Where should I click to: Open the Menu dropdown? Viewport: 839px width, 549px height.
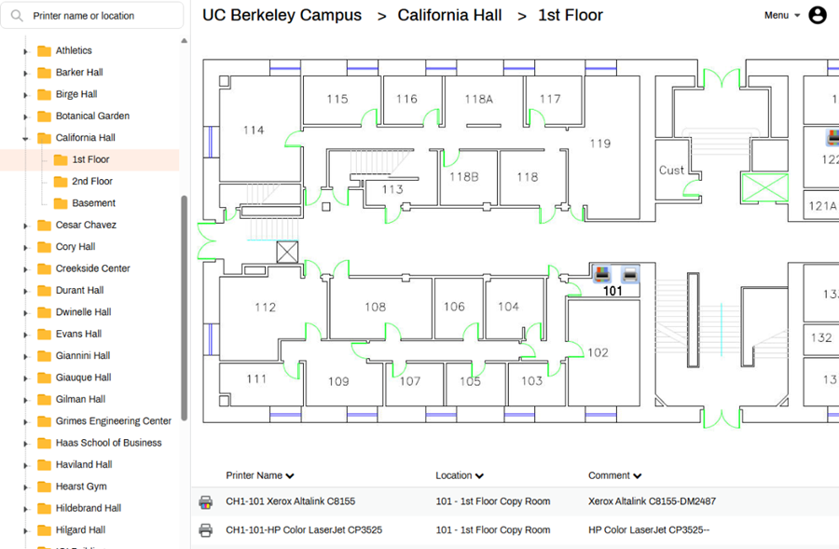pyautogui.click(x=781, y=16)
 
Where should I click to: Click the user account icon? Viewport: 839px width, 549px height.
pyautogui.click(x=818, y=15)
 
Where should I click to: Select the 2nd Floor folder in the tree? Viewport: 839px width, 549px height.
pyautogui.click(x=91, y=182)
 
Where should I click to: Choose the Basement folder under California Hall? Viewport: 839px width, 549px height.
pyautogui.click(x=93, y=203)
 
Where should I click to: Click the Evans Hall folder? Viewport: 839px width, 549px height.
pyautogui.click(x=78, y=334)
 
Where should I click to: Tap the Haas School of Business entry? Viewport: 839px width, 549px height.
pyautogui.click(x=108, y=443)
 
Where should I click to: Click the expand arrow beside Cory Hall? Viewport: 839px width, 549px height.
pyautogui.click(x=26, y=247)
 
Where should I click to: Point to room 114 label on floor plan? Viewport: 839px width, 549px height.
pyautogui.click(x=254, y=130)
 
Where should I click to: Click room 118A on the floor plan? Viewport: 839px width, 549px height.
pyautogui.click(x=478, y=99)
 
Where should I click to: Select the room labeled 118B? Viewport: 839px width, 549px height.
pyautogui.click(x=463, y=177)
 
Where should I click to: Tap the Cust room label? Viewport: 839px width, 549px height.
pyautogui.click(x=671, y=171)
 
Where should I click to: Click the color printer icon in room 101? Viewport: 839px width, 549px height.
pyautogui.click(x=602, y=274)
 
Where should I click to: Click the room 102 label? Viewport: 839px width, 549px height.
pyautogui.click(x=598, y=352)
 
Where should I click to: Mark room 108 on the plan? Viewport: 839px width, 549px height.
pyautogui.click(x=375, y=307)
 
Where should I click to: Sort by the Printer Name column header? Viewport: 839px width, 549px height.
pyautogui.click(x=260, y=475)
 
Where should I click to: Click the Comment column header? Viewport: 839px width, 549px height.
pyautogui.click(x=614, y=475)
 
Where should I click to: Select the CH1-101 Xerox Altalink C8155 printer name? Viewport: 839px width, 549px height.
pyautogui.click(x=290, y=501)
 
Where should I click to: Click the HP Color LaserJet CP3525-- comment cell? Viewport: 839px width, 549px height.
pyautogui.click(x=649, y=530)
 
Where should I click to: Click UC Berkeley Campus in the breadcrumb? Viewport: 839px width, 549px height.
pyautogui.click(x=282, y=16)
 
